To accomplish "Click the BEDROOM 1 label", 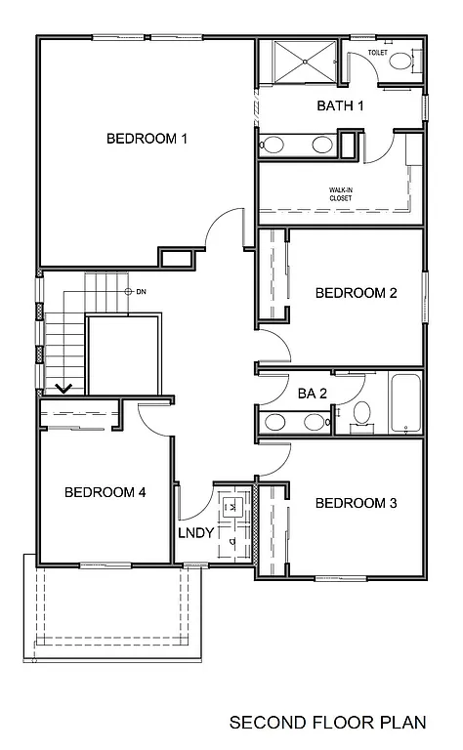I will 147,139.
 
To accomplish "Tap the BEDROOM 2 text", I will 356,293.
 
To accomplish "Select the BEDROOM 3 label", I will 356,504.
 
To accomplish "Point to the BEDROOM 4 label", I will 105,492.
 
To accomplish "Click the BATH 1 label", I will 340,105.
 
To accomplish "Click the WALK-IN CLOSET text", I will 340,194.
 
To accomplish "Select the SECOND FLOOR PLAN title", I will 327,723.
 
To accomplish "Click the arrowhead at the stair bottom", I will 64,389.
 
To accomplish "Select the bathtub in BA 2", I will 404,403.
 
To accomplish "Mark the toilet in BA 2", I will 361,412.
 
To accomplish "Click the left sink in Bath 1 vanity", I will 274,146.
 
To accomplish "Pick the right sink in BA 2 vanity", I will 314,423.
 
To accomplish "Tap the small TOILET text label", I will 378,52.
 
